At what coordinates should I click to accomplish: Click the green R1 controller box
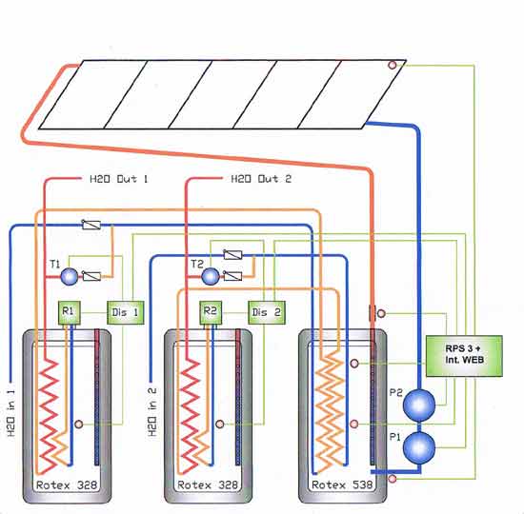(70, 312)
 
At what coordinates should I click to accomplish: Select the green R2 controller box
(211, 312)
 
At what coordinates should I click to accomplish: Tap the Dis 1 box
(126, 312)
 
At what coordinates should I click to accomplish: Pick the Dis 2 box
(267, 312)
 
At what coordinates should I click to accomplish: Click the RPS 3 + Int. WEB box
(464, 356)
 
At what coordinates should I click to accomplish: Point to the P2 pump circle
(419, 405)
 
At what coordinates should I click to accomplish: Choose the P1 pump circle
(419, 447)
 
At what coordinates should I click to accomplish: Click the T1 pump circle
(70, 277)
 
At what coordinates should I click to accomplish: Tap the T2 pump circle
(211, 277)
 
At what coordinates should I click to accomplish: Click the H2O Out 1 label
(119, 179)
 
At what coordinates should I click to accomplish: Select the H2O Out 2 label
(261, 179)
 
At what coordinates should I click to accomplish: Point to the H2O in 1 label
(11, 412)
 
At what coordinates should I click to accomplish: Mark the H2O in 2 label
(152, 412)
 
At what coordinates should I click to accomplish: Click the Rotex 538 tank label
(342, 484)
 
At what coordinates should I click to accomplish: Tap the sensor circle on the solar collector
(393, 65)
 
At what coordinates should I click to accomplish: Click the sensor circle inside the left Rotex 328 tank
(78, 425)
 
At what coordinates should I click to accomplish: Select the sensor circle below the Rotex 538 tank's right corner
(393, 479)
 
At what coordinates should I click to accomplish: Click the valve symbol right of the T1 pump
(91, 276)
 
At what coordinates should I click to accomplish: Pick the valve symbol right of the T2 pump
(232, 276)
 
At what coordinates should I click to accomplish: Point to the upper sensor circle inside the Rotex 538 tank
(354, 363)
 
